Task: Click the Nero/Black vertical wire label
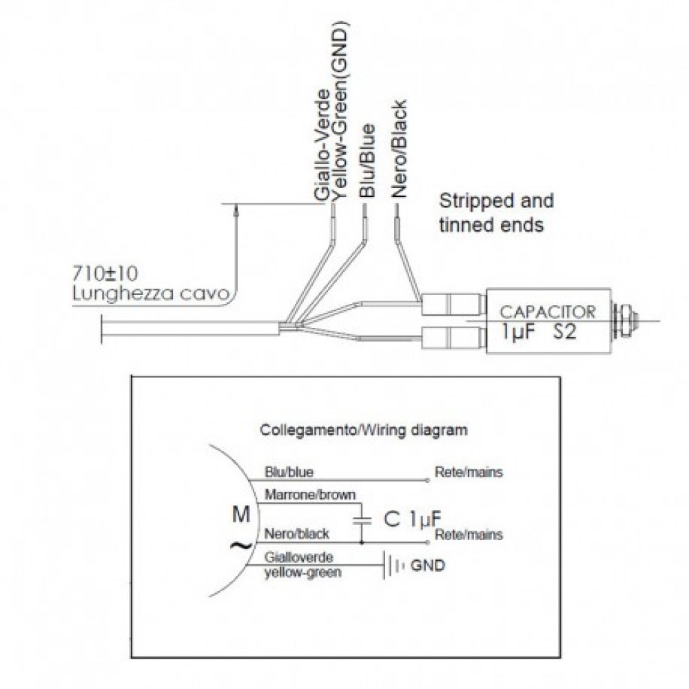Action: click(x=399, y=149)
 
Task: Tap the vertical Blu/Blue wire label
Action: click(x=367, y=161)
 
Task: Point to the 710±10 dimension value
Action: click(x=105, y=274)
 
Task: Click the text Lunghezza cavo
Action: click(x=151, y=293)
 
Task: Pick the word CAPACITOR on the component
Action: click(x=548, y=312)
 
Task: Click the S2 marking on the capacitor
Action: click(x=564, y=332)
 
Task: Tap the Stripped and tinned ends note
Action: click(x=497, y=213)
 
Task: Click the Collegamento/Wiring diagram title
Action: click(x=364, y=429)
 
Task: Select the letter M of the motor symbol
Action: click(x=240, y=514)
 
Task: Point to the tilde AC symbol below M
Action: click(x=241, y=546)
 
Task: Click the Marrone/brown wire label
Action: click(x=310, y=495)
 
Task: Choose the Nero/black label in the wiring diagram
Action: click(x=296, y=533)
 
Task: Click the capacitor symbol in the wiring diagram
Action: click(x=362, y=521)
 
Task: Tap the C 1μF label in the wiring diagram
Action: click(x=412, y=519)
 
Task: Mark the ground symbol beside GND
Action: click(x=393, y=566)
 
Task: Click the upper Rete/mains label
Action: click(x=469, y=472)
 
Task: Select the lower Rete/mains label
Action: click(x=469, y=535)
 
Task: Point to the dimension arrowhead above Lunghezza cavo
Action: click(x=237, y=211)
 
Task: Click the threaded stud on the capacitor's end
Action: click(x=625, y=320)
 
